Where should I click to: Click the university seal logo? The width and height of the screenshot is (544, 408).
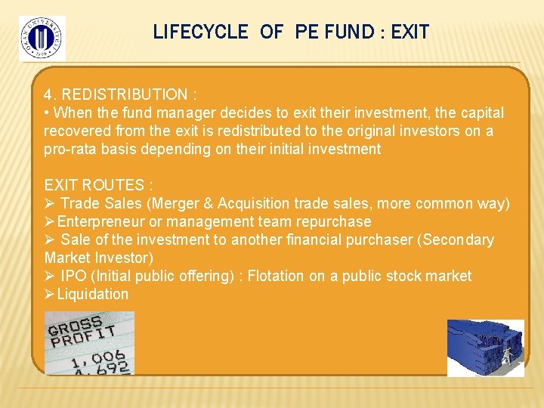point(42,38)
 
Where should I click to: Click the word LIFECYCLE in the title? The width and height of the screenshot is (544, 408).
point(200,32)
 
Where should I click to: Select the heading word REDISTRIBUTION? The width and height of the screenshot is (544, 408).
point(125,95)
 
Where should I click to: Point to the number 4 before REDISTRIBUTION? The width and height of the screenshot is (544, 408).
point(48,95)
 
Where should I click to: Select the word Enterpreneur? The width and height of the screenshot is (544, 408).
point(99,221)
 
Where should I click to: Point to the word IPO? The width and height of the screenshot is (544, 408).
point(73,276)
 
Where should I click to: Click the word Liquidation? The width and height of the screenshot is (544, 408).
point(93,294)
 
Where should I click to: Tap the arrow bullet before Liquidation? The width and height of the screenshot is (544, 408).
point(50,294)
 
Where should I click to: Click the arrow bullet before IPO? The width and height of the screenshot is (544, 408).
point(50,276)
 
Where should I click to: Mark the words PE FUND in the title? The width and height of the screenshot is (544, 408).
point(334,32)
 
